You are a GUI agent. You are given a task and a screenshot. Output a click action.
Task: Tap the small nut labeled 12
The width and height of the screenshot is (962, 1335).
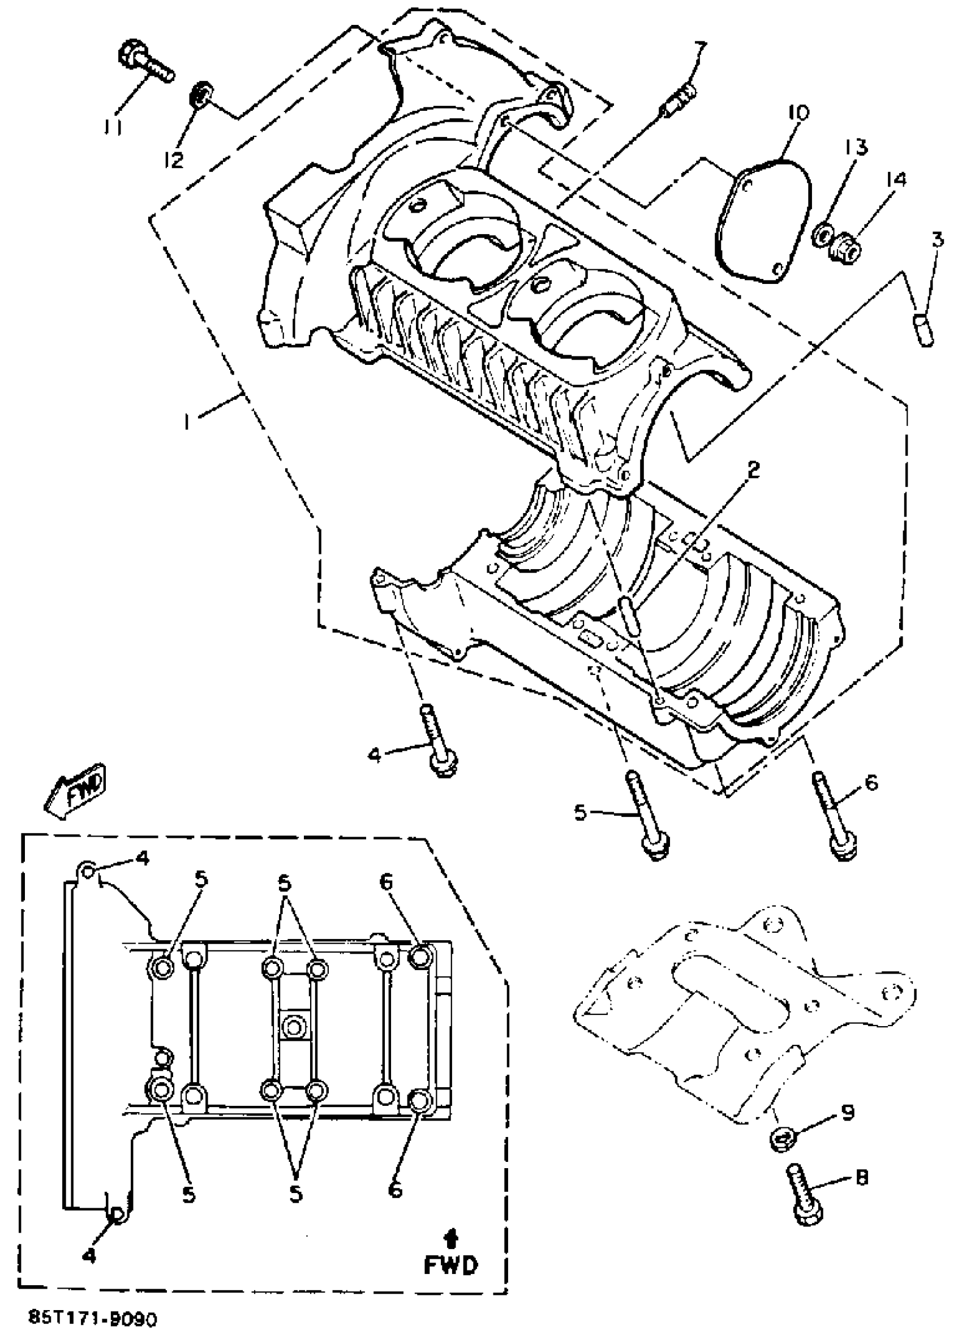[201, 96]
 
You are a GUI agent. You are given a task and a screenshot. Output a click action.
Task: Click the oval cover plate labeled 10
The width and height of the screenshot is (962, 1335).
[763, 222]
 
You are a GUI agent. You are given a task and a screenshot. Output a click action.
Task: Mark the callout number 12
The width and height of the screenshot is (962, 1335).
[174, 159]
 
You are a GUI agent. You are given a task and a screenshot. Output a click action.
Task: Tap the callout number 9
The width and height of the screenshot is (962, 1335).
[847, 1113]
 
